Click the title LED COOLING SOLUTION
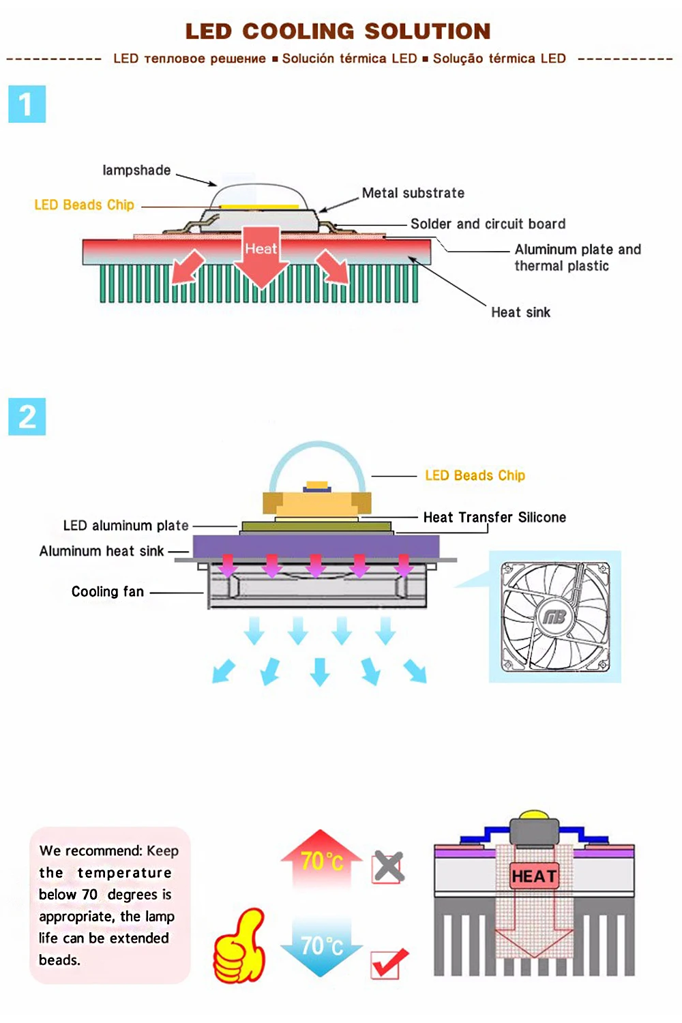[x=338, y=31]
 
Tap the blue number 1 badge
[x=27, y=104]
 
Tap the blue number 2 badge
[x=27, y=417]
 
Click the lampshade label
[x=136, y=170]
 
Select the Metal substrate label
[x=413, y=193]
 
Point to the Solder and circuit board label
[x=488, y=224]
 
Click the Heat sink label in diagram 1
[x=520, y=312]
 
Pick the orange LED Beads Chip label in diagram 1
[x=84, y=205]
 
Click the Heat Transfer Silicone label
[x=494, y=517]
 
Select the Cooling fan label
[x=108, y=592]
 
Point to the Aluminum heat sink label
[x=102, y=551]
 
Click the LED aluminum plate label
[x=125, y=526]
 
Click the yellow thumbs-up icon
[x=239, y=945]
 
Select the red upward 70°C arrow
[x=321, y=859]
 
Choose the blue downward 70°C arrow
[x=321, y=947]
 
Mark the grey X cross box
[x=389, y=868]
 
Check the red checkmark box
[x=389, y=963]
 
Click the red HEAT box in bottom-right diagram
[x=534, y=876]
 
